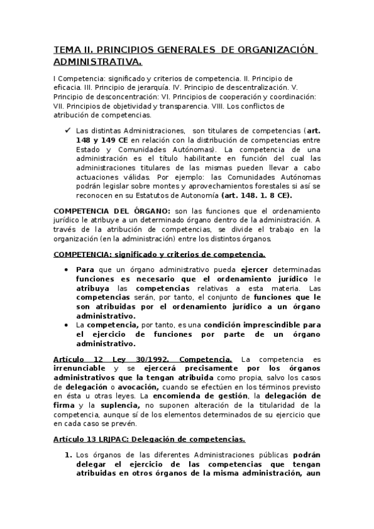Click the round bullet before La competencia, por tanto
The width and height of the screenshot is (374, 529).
(67, 325)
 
